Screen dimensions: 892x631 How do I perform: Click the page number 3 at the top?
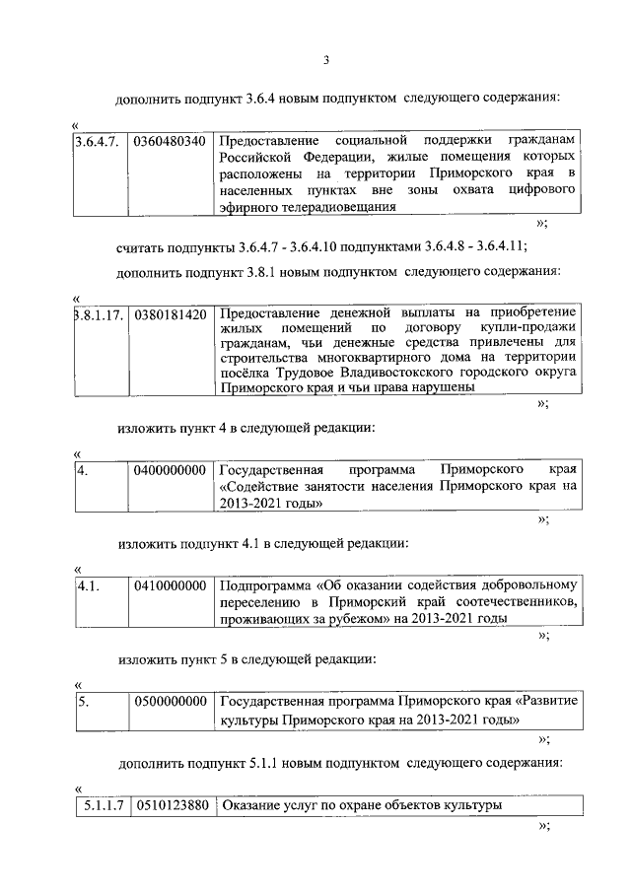pyautogui.click(x=325, y=63)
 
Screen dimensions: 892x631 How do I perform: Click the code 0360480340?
pyautogui.click(x=170, y=141)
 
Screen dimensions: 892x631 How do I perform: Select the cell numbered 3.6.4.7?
pyautogui.click(x=98, y=141)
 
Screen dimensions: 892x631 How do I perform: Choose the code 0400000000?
pyautogui.click(x=170, y=470)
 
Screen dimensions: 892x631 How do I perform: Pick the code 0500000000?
pyautogui.click(x=170, y=702)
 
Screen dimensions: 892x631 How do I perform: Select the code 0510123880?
pyautogui.click(x=170, y=805)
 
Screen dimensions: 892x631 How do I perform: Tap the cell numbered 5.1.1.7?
pyautogui.click(x=103, y=805)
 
